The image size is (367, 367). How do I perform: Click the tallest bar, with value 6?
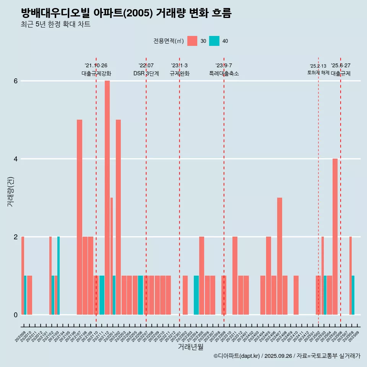[107, 198]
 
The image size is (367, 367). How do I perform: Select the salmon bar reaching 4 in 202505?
[335, 237]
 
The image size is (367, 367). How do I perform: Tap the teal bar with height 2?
[58, 276]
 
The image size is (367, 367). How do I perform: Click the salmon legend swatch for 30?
[192, 41]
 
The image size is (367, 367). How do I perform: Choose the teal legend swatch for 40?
[214, 41]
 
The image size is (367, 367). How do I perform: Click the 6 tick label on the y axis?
[16, 81]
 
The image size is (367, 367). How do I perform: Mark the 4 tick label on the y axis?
[16, 159]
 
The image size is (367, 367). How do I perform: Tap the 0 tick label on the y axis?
[16, 315]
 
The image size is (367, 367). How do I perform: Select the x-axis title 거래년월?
[190, 347]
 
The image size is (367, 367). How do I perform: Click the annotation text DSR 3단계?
[146, 73]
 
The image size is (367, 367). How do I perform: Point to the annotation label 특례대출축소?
[224, 73]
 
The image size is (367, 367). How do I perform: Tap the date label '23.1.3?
[179, 66]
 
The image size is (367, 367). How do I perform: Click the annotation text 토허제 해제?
[318, 72]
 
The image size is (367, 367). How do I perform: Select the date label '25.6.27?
[341, 66]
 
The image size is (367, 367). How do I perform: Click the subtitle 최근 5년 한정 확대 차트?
[55, 24]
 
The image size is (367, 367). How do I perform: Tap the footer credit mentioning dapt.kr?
[287, 356]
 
